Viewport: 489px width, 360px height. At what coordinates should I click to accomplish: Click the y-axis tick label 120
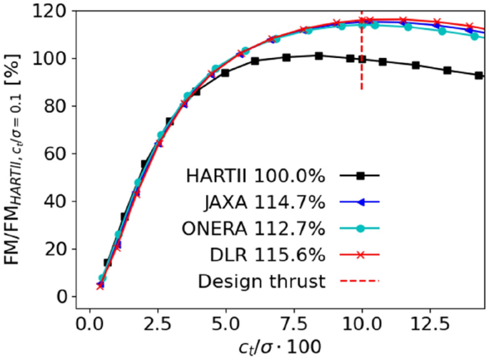coord(53,11)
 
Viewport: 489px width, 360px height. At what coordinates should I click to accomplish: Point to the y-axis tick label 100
coord(53,58)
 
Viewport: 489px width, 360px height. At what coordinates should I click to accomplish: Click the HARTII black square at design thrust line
coord(363,59)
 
